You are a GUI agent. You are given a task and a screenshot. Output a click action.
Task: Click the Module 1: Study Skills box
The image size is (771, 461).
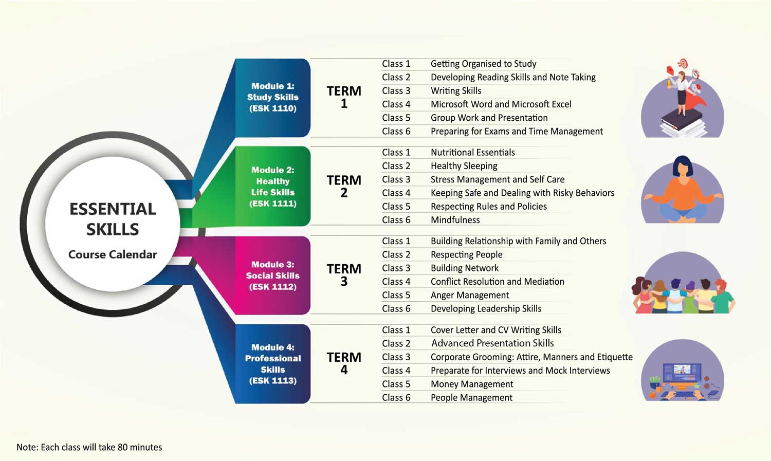point(272,97)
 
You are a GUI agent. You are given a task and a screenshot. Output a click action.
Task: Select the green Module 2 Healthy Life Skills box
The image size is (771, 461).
point(272,187)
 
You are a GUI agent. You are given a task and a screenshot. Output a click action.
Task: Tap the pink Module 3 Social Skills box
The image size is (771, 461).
point(272,275)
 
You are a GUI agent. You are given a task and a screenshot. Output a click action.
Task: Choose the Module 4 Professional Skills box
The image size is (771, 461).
point(272,364)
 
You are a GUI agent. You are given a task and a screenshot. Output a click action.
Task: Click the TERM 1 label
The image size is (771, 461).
point(344,97)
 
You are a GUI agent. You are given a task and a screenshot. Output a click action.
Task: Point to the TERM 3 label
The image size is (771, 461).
point(344,275)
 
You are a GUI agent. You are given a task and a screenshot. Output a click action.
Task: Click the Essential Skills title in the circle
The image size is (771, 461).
point(113,219)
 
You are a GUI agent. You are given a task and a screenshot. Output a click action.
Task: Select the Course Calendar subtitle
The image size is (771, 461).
point(113,254)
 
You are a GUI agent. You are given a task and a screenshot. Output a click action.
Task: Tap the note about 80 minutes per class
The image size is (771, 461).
point(89,447)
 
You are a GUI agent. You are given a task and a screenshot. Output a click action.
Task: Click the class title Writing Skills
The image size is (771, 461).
point(456,91)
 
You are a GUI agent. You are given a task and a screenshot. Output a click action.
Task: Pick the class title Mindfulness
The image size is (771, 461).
point(455,220)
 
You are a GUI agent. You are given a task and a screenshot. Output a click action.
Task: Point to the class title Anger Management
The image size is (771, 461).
point(470,295)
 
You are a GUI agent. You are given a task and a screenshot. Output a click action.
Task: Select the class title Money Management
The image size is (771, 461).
point(472,384)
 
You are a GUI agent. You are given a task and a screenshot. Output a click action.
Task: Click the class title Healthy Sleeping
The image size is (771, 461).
point(464,166)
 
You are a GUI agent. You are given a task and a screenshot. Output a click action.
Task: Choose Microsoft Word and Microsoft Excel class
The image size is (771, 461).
point(501,104)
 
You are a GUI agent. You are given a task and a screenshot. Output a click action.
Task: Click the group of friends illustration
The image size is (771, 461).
point(683,288)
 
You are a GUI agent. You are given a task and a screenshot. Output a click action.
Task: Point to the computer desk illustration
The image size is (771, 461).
point(683,373)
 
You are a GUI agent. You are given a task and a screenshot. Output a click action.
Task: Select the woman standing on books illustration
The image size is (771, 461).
point(683,100)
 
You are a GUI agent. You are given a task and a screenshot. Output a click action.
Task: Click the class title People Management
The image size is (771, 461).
point(471,398)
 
